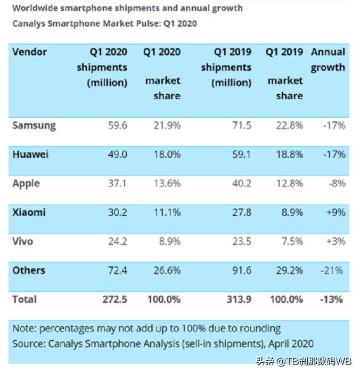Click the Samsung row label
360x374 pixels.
point(34,126)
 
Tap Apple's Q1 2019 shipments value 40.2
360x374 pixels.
point(241,183)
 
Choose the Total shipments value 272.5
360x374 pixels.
point(114,299)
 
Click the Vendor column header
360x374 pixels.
point(29,52)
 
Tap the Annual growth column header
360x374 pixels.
point(328,60)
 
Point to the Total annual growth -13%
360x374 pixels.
point(333,299)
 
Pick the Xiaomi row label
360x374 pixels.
point(29,212)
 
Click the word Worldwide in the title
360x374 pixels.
point(34,8)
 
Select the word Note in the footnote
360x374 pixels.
point(23,328)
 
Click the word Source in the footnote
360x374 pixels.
point(28,344)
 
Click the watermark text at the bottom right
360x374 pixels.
point(304,362)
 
